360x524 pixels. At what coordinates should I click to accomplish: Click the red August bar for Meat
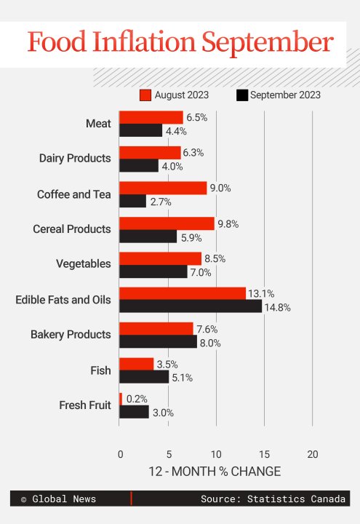(151, 117)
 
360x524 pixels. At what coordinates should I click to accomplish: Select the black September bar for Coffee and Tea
(132, 201)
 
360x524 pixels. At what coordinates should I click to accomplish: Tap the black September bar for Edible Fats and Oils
(191, 306)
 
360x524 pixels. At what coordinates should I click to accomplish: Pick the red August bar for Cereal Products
(167, 223)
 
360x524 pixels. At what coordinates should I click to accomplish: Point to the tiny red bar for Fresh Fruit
(121, 399)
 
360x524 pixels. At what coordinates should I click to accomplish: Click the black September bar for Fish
(144, 377)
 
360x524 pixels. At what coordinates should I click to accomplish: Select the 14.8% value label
(279, 307)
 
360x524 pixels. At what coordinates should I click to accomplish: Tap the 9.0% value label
(220, 188)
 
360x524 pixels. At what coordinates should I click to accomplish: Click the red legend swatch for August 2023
(145, 95)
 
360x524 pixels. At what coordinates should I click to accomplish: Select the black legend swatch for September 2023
(242, 95)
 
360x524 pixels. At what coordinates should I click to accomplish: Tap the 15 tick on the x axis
(264, 454)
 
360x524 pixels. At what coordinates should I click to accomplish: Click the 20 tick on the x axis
(312, 454)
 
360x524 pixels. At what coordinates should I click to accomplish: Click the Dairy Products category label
(75, 158)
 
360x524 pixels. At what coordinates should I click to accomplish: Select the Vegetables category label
(84, 264)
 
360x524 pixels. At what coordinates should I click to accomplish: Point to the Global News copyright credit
(58, 499)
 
